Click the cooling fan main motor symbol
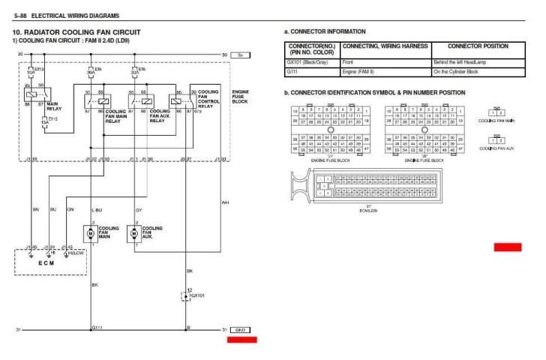coord(91,233)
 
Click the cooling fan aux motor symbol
coord(135,233)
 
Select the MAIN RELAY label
coord(54,106)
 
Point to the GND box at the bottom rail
coord(241,330)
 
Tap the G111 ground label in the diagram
coord(97,328)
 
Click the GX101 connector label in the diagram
coord(196,295)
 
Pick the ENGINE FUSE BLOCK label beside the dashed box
coord(241,95)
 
